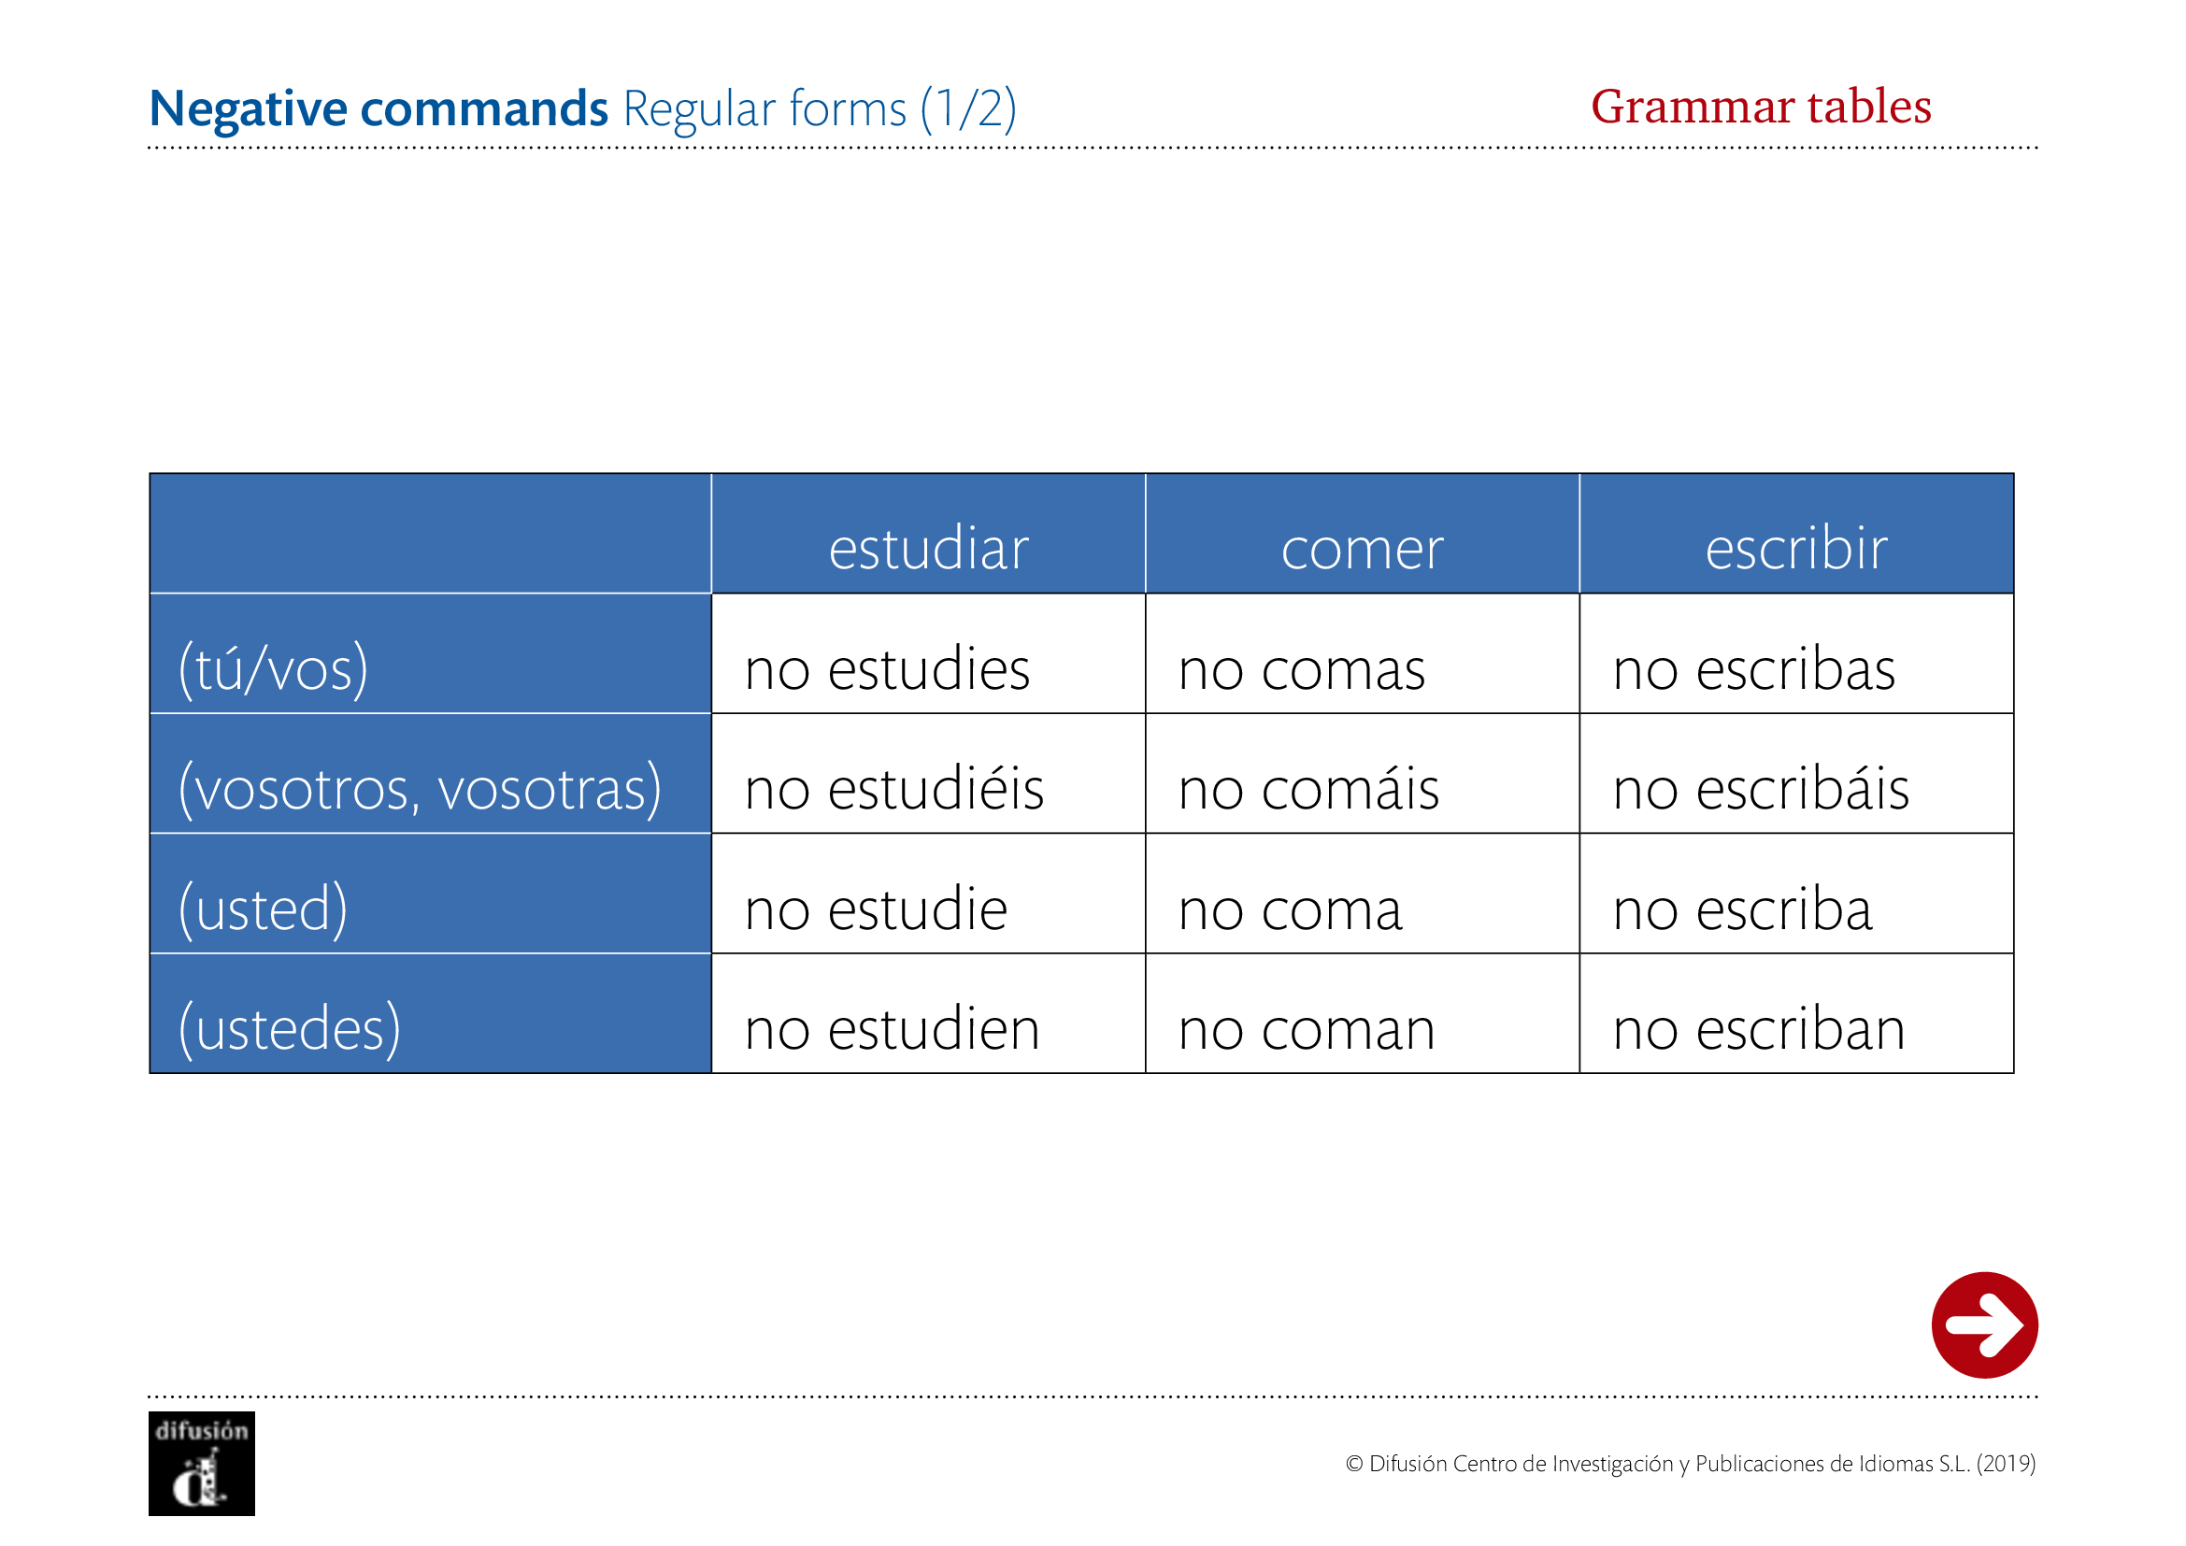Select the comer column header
(x=1362, y=551)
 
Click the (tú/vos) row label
(x=273, y=668)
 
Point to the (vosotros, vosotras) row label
(x=420, y=788)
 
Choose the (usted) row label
(x=263, y=909)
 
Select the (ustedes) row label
(x=290, y=1028)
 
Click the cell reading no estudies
(x=887, y=668)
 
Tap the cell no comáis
(x=1308, y=788)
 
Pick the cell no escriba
(x=1742, y=909)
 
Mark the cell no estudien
(x=893, y=1028)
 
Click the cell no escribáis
(x=1761, y=788)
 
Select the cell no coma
(x=1290, y=910)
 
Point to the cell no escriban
(x=1759, y=1028)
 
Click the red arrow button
(x=1984, y=1324)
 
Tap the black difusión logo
(x=202, y=1463)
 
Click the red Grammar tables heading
(x=1762, y=106)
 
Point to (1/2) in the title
(x=968, y=108)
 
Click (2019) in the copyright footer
(x=2006, y=1463)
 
